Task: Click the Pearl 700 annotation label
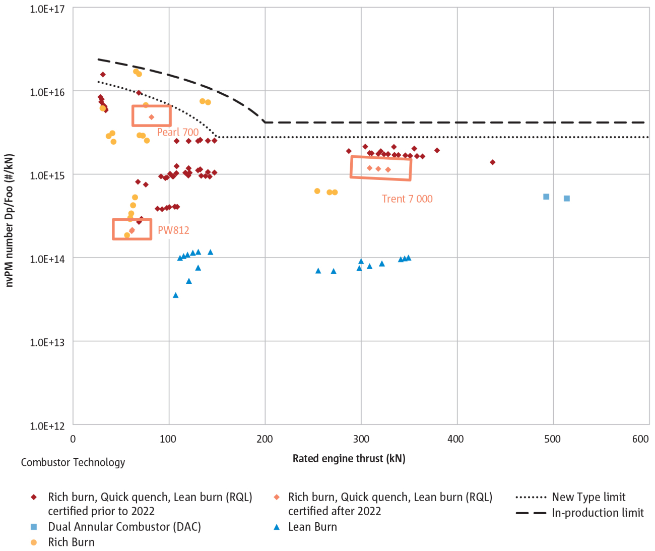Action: tap(178, 132)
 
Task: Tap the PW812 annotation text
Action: tap(173, 230)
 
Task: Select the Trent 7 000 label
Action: tap(407, 199)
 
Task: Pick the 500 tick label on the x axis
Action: tap(552, 439)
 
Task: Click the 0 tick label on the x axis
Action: tap(73, 439)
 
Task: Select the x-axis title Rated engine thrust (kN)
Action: tap(349, 458)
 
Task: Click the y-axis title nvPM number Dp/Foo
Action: tap(9, 220)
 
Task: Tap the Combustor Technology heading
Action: tap(73, 462)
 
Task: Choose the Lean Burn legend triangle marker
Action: tap(276, 527)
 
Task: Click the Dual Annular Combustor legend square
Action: tap(34, 527)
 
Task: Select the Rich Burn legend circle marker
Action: tap(34, 542)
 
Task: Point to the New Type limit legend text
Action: tap(588, 497)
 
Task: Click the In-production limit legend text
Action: tap(598, 513)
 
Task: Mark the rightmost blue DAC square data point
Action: tap(567, 199)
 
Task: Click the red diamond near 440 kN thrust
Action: tap(492, 162)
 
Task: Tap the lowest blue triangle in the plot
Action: tap(176, 295)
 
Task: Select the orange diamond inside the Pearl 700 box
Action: tap(151, 117)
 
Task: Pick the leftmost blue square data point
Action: tap(546, 197)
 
